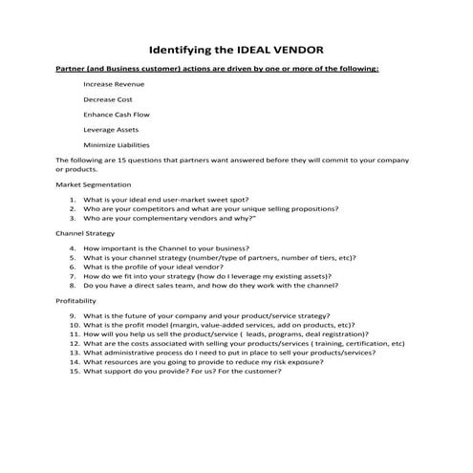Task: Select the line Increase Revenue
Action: (115, 84)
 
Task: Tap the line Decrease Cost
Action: (108, 98)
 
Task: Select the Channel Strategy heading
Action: (86, 232)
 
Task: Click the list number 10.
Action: (72, 325)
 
